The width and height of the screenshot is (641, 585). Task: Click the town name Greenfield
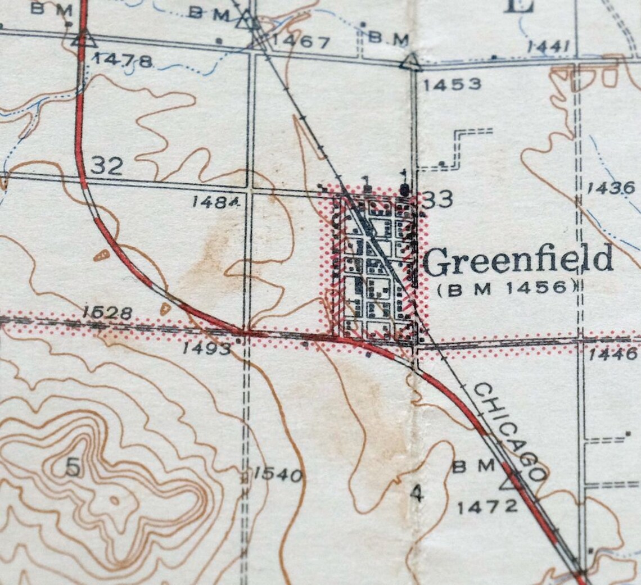click(518, 261)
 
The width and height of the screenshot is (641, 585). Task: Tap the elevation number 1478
click(123, 60)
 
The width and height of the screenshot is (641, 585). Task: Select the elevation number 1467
click(301, 42)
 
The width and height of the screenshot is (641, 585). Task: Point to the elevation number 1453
click(452, 84)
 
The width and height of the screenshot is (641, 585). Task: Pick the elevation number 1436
click(611, 188)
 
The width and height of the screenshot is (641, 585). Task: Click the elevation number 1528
click(107, 312)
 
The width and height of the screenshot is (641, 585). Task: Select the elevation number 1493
click(206, 348)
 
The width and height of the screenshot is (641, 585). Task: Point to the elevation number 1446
click(613, 353)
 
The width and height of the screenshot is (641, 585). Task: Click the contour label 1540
click(278, 475)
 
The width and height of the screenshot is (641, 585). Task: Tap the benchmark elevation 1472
click(487, 507)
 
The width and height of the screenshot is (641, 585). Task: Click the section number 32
click(107, 166)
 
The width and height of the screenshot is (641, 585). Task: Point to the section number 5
click(72, 468)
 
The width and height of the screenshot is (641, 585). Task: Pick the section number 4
click(416, 493)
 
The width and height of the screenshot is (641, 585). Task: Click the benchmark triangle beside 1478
click(83, 39)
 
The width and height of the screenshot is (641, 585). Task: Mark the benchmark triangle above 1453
click(412, 62)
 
